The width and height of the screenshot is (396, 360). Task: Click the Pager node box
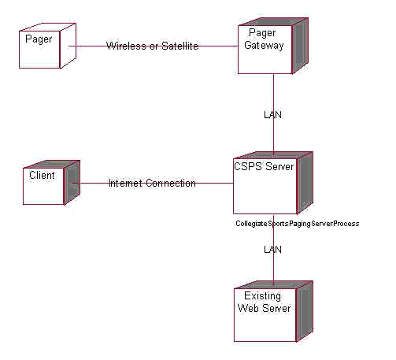tap(47, 46)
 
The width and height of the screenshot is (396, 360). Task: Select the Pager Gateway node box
tap(273, 46)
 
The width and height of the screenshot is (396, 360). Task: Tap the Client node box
tap(51, 183)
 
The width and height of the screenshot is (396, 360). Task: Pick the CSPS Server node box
tap(273, 183)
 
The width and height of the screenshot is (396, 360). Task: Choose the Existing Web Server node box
tap(273, 311)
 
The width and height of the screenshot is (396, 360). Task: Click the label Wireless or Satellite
tap(152, 46)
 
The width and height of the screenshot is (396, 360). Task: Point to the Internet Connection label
tap(152, 183)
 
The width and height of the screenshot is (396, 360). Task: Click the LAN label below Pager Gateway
tap(272, 115)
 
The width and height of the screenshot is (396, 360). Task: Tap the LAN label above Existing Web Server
tap(272, 250)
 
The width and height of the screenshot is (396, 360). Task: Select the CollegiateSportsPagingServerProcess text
tap(298, 224)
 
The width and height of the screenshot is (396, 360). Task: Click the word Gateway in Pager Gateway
tap(264, 45)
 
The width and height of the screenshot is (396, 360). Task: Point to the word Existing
tap(262, 296)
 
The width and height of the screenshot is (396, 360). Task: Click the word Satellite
tap(179, 46)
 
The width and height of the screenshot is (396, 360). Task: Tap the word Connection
tap(171, 183)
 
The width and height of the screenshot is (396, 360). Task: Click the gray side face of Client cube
tap(72, 183)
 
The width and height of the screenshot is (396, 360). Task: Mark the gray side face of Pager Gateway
tap(301, 46)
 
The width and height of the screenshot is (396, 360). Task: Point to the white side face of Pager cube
tap(68, 46)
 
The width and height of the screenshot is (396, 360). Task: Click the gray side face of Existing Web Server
tap(305, 311)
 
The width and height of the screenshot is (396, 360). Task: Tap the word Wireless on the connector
tap(126, 46)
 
